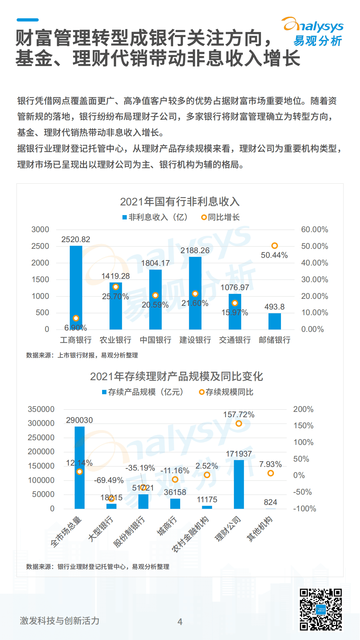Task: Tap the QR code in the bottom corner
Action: tap(320, 609)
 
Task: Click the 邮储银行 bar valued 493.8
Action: tap(275, 321)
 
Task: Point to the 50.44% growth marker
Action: tap(275, 246)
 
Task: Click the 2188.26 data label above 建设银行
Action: tap(195, 250)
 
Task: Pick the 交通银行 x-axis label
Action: tap(235, 340)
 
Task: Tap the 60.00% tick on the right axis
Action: tap(314, 229)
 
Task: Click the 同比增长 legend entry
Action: tap(221, 217)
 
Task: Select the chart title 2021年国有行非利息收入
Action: tap(180, 202)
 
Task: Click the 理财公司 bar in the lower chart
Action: tap(239, 484)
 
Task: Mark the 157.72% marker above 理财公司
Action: tap(239, 424)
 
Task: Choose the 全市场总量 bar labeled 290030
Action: tap(79, 467)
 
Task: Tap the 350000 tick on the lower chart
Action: tap(41, 409)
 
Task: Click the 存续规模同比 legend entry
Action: tap(226, 392)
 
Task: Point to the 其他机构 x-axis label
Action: tap(260, 529)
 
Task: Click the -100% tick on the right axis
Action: tap(304, 509)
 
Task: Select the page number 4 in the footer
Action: tap(180, 622)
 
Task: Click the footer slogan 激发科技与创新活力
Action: tap(60, 621)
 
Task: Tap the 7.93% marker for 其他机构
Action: tap(271, 473)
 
